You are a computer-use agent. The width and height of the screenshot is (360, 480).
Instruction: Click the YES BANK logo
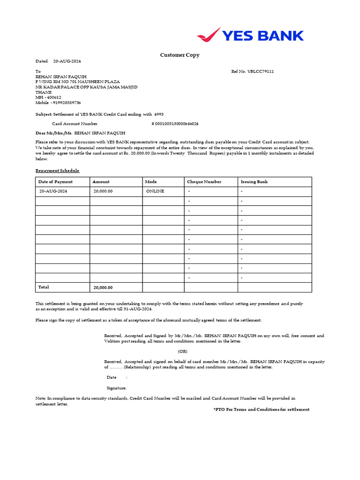tap(250, 35)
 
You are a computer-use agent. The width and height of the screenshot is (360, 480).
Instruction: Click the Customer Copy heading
tap(180, 55)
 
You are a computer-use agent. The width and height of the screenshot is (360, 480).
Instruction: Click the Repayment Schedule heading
tap(57, 171)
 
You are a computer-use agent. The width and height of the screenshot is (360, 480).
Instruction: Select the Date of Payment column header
tap(55, 182)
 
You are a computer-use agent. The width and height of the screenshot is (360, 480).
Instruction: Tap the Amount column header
tap(101, 182)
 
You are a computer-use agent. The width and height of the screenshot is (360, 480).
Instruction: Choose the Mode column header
tap(151, 182)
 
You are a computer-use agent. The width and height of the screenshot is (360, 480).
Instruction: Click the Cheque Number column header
tap(204, 182)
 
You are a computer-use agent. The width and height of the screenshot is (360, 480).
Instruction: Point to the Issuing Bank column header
tap(254, 182)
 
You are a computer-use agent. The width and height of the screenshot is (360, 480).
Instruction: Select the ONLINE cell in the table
tap(155, 191)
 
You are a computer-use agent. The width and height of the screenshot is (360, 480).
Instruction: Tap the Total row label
tap(44, 287)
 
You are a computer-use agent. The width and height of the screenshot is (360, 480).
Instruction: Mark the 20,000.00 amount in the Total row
tap(103, 287)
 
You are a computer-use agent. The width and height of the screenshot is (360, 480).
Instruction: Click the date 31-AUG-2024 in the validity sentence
tap(137, 309)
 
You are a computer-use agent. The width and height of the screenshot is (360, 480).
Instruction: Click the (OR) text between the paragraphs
tap(183, 351)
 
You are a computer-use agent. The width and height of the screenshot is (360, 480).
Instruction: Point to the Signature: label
tap(116, 388)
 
